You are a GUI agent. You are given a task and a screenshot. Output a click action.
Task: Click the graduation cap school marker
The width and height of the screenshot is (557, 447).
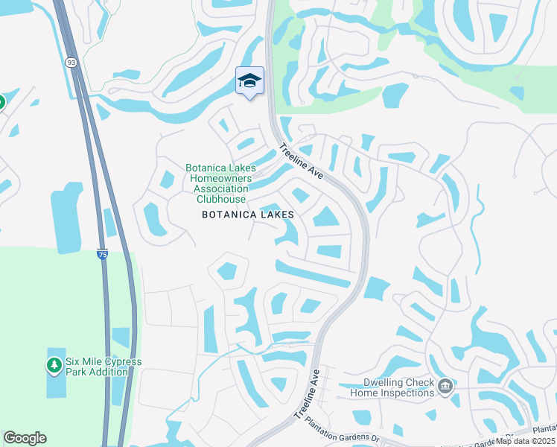click(249, 81)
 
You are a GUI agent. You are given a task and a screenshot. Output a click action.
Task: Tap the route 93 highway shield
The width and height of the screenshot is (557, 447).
click(70, 63)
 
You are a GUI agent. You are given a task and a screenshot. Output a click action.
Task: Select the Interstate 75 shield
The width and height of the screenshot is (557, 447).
click(103, 254)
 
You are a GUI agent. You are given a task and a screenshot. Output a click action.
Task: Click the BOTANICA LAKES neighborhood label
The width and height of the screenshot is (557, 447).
click(248, 215)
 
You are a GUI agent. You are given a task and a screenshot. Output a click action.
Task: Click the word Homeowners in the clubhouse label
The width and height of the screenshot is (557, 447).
click(218, 179)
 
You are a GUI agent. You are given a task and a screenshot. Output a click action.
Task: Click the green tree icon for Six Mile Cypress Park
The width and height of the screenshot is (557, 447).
click(54, 366)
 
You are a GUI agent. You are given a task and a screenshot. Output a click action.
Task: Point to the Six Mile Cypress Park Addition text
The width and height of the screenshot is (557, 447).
click(103, 367)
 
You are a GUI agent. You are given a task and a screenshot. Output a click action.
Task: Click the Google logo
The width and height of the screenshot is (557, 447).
click(25, 438)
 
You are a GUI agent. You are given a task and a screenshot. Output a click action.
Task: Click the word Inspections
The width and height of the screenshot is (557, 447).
click(408, 393)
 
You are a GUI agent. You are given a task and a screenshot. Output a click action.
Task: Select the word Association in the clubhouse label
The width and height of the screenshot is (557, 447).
click(218, 189)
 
